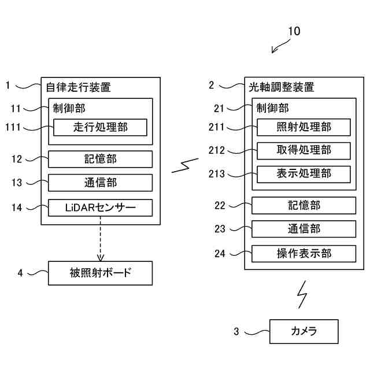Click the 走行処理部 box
(101, 127)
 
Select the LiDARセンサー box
(101, 207)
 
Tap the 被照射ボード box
(101, 273)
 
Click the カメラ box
(304, 331)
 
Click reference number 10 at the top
(294, 31)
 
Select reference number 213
(217, 173)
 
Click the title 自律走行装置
(78, 88)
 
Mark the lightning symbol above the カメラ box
(302, 295)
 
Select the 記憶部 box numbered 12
(101, 159)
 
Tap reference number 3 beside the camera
(236, 332)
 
